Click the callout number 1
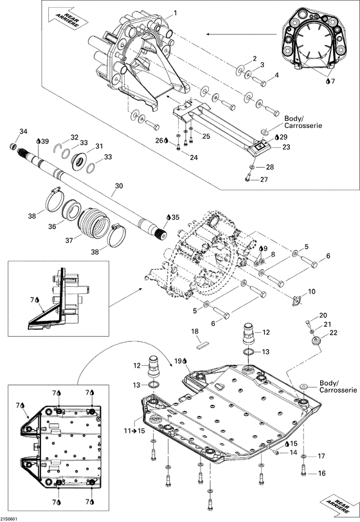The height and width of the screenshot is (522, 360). tap(175, 14)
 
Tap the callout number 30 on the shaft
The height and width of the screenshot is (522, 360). tap(118, 186)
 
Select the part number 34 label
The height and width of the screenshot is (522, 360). tap(23, 131)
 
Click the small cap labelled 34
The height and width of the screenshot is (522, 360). tap(14, 146)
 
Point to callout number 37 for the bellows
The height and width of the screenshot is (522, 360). tap(69, 240)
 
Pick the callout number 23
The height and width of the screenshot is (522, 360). tap(286, 147)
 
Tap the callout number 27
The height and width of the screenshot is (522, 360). tap(264, 179)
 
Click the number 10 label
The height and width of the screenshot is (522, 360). tap(311, 292)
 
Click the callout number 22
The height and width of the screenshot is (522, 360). tap(334, 332)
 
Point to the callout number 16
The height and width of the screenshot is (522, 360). tap(321, 473)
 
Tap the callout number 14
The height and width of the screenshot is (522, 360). tap(293, 453)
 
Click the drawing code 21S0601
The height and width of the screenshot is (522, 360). tap(9, 519)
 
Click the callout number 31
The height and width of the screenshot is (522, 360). tap(99, 146)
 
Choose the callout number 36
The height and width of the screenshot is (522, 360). tap(52, 226)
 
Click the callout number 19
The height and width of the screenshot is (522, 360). tap(177, 361)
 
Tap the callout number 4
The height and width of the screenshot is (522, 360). tap(276, 75)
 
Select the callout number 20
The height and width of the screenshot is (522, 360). tap(323, 315)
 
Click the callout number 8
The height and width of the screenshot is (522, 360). tap(273, 255)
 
